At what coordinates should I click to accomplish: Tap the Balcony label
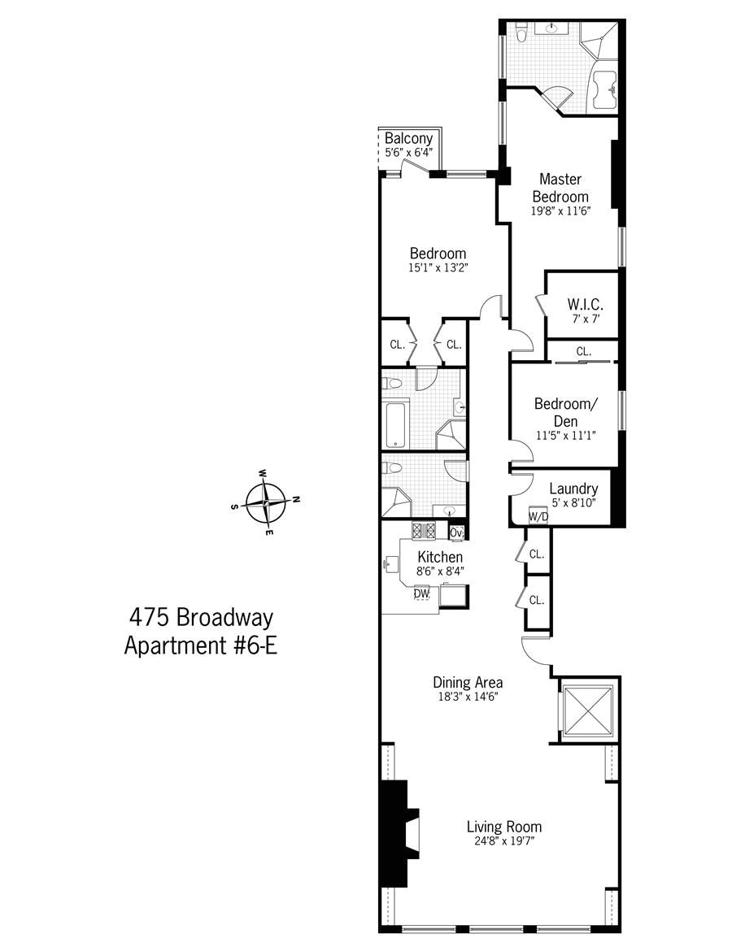pyautogui.click(x=408, y=139)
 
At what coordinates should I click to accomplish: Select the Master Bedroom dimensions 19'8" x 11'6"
pyautogui.click(x=560, y=211)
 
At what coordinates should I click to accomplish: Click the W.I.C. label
pyautogui.click(x=583, y=305)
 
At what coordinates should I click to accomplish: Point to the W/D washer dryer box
pyautogui.click(x=538, y=517)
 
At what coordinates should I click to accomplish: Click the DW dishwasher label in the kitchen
pyautogui.click(x=421, y=594)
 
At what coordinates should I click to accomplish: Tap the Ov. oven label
pyautogui.click(x=456, y=533)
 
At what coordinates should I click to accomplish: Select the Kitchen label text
pyautogui.click(x=440, y=557)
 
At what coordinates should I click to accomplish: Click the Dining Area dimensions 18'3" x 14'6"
pyautogui.click(x=467, y=697)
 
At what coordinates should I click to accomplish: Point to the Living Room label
pyautogui.click(x=504, y=827)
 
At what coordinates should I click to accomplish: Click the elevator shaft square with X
pyautogui.click(x=587, y=710)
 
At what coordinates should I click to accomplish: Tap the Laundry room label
pyautogui.click(x=573, y=489)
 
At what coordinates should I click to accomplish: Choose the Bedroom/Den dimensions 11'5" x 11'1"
pyautogui.click(x=566, y=436)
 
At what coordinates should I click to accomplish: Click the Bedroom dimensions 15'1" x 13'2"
pyautogui.click(x=438, y=267)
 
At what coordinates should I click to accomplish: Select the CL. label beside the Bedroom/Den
pyautogui.click(x=583, y=352)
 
